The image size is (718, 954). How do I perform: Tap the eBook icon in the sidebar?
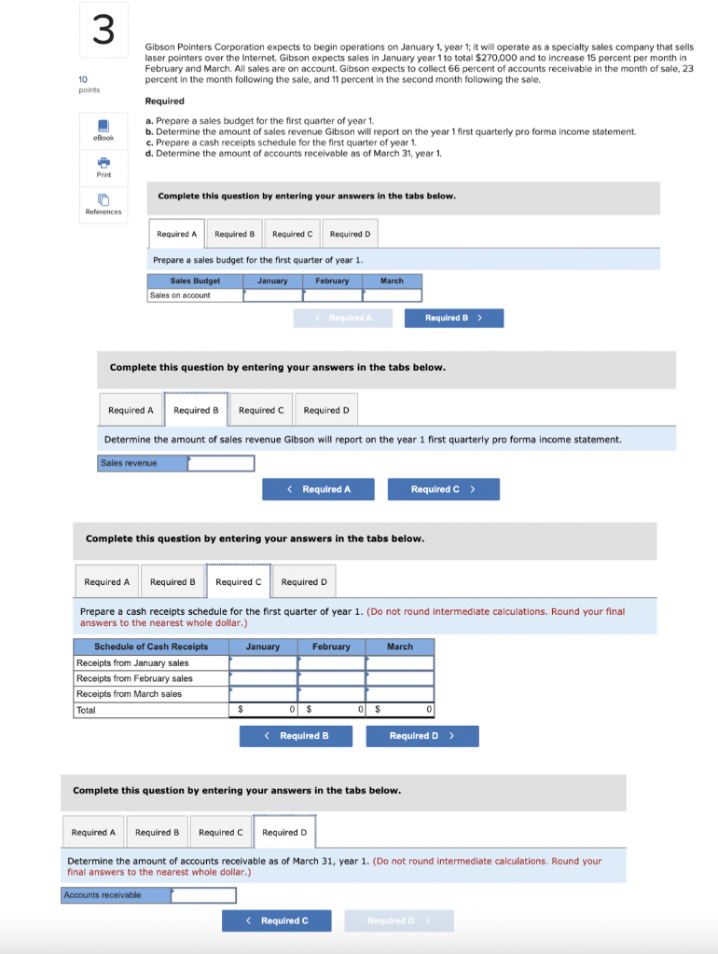tap(104, 127)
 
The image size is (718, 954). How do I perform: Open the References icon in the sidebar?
tap(104, 200)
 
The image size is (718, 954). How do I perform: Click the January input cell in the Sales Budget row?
tap(272, 295)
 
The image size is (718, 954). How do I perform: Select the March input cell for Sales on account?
tap(392, 295)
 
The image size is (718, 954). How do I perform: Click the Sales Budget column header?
tap(195, 280)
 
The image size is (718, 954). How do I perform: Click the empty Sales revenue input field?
tap(221, 463)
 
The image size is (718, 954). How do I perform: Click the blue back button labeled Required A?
tap(318, 489)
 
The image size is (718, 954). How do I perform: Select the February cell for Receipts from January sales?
tap(331, 663)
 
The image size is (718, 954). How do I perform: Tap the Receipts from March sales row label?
tap(130, 694)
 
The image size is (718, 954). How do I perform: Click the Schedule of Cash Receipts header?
tap(151, 647)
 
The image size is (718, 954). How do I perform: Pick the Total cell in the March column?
tap(400, 710)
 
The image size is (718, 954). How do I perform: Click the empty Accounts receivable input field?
tap(203, 895)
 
